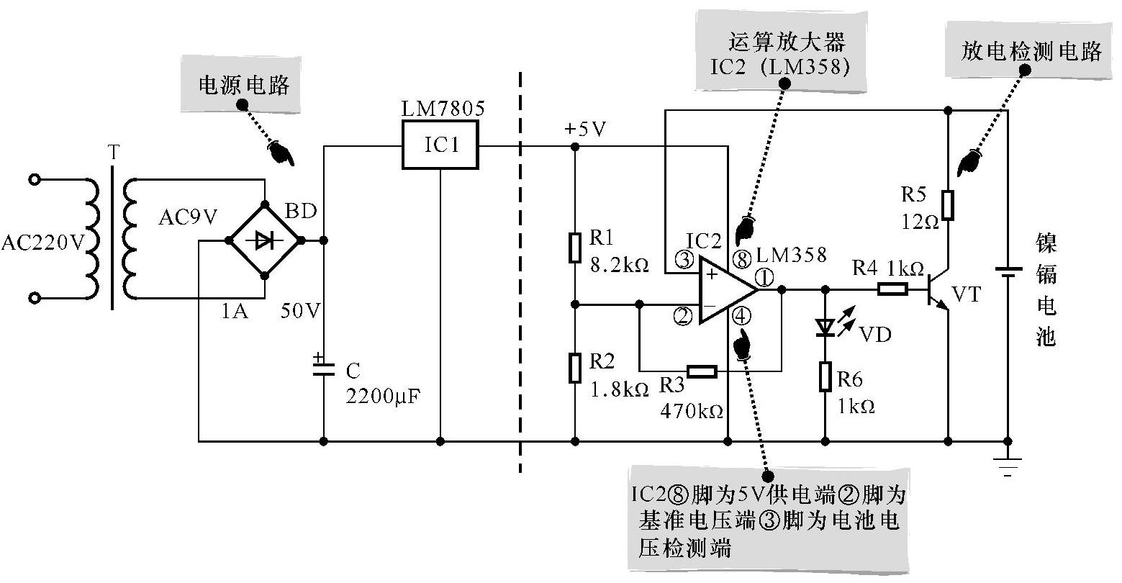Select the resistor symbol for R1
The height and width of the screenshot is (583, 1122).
574,247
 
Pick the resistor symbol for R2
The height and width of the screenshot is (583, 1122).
574,368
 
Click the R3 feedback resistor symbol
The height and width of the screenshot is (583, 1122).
701,371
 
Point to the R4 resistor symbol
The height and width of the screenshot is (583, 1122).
892,289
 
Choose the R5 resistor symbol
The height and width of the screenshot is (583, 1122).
949,204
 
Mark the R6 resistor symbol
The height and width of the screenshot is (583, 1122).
825,376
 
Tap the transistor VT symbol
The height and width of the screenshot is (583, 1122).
939,289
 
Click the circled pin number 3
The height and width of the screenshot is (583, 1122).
684,259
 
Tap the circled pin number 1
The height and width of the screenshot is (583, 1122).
764,275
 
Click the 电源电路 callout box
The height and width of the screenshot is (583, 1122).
245,86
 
